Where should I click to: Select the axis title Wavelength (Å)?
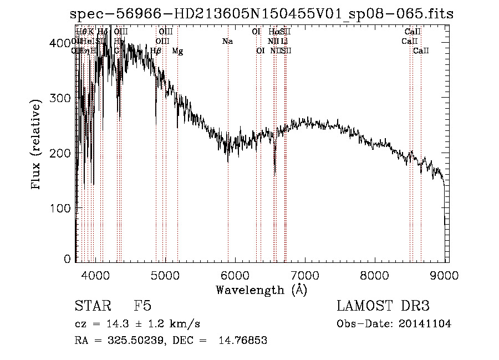(261, 290)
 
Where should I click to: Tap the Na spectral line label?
(227, 41)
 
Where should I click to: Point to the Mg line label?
(177, 51)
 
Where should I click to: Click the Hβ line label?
(156, 51)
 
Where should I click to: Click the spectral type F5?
(142, 307)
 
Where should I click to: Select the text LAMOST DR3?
(383, 307)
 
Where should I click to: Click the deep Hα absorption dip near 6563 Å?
(275, 166)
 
